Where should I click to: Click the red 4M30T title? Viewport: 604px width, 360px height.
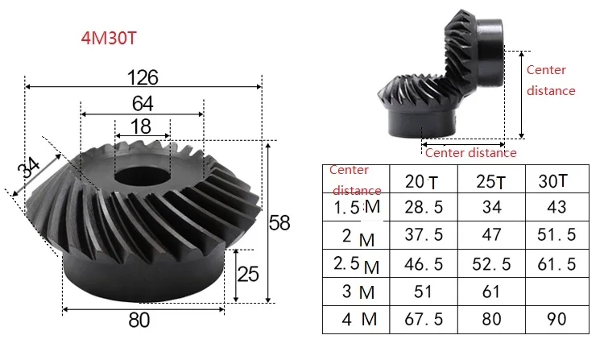click(x=109, y=38)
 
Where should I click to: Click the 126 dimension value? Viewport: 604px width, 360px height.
click(x=143, y=77)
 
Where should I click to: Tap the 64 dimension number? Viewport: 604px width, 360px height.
click(x=143, y=104)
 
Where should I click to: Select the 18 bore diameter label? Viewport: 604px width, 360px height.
click(x=141, y=126)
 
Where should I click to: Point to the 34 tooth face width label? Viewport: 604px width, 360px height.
click(x=28, y=168)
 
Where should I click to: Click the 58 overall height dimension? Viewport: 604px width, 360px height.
click(x=279, y=223)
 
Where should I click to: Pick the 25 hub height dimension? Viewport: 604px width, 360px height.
click(x=248, y=274)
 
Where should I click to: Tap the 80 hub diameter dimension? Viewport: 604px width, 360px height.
click(x=139, y=320)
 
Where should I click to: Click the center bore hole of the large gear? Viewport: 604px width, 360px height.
click(x=143, y=176)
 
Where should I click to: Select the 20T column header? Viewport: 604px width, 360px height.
click(x=421, y=182)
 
